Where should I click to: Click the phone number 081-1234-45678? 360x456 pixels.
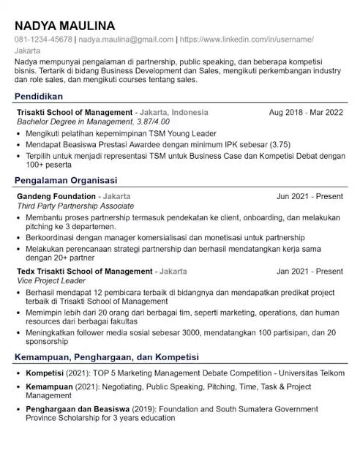click(x=42, y=40)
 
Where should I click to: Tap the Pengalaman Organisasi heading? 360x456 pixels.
click(x=67, y=180)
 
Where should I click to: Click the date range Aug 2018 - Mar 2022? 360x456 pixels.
click(x=305, y=113)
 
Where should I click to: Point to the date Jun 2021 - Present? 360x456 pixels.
click(x=310, y=197)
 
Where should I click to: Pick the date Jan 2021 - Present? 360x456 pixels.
click(x=310, y=271)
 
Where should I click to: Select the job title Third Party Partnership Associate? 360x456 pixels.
click(x=75, y=207)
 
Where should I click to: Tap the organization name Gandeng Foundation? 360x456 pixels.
click(x=56, y=197)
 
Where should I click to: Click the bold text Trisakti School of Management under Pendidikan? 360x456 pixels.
click(x=74, y=113)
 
